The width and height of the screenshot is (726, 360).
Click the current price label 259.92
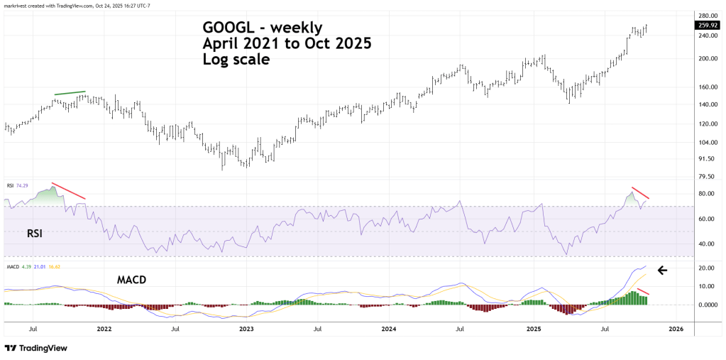(x=708, y=26)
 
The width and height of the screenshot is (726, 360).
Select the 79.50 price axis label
(x=706, y=177)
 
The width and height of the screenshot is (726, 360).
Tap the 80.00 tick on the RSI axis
(x=706, y=194)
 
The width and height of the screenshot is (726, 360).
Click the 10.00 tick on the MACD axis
(x=706, y=286)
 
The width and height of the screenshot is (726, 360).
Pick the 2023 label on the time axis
(x=246, y=329)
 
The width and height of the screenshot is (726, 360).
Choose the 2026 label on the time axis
(x=676, y=329)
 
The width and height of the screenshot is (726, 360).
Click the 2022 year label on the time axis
(x=104, y=329)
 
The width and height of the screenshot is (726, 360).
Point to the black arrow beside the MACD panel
(x=662, y=270)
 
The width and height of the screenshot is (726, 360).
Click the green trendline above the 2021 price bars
(x=70, y=93)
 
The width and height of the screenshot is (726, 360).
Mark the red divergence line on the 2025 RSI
(x=640, y=193)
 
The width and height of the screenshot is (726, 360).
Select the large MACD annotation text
(x=132, y=280)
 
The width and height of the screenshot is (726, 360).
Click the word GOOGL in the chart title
(x=226, y=28)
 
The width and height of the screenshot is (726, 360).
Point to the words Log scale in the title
(x=236, y=60)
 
